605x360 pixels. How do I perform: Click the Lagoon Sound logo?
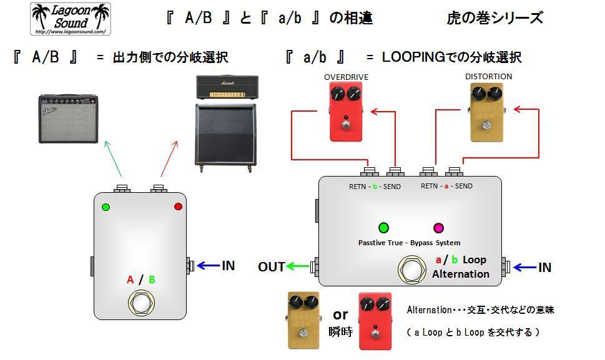click(x=71, y=19)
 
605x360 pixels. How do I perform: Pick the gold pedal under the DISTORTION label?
click(x=486, y=112)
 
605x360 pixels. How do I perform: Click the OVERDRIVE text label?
click(x=346, y=77)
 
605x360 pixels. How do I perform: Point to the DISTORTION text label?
click(x=488, y=77)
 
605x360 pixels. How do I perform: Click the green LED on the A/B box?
click(x=106, y=207)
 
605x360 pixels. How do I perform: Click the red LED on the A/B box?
click(x=178, y=207)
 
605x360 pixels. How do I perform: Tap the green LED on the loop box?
click(x=383, y=228)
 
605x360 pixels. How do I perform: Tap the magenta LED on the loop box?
click(x=438, y=228)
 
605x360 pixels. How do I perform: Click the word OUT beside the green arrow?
click(x=272, y=267)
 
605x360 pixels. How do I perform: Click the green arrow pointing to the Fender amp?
click(x=113, y=159)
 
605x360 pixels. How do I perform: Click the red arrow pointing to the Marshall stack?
click(x=169, y=159)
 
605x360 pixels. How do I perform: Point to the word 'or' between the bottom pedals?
click(x=340, y=314)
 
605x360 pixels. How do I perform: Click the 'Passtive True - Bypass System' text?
click(x=409, y=243)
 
